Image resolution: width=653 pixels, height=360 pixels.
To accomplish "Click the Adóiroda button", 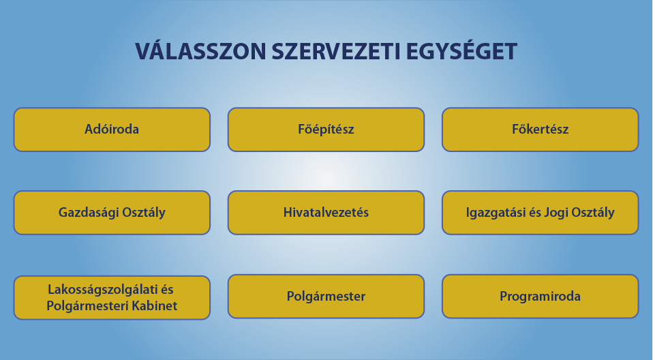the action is click(112, 130).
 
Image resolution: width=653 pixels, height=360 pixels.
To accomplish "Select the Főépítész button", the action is click(326, 130).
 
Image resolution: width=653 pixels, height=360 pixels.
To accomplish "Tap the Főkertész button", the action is click(540, 130).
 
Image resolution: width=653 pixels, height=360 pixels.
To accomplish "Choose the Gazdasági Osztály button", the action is click(112, 213).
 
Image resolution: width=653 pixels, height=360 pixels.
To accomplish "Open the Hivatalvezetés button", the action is click(326, 213).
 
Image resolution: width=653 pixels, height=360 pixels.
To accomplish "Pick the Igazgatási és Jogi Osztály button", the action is click(540, 213).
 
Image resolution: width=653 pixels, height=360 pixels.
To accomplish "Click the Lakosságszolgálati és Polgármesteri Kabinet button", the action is click(112, 297).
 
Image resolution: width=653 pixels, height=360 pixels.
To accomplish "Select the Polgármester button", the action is click(326, 296).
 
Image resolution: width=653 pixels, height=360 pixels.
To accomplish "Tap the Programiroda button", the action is click(540, 296).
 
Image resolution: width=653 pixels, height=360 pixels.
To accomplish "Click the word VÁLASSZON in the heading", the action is click(200, 51).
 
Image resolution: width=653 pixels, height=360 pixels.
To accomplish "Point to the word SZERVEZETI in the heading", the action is click(336, 52).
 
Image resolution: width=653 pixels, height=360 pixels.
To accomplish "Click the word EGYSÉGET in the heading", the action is click(461, 51).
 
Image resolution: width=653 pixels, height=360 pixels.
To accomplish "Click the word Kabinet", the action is click(155, 306).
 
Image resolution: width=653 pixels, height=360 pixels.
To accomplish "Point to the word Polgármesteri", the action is click(87, 306).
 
